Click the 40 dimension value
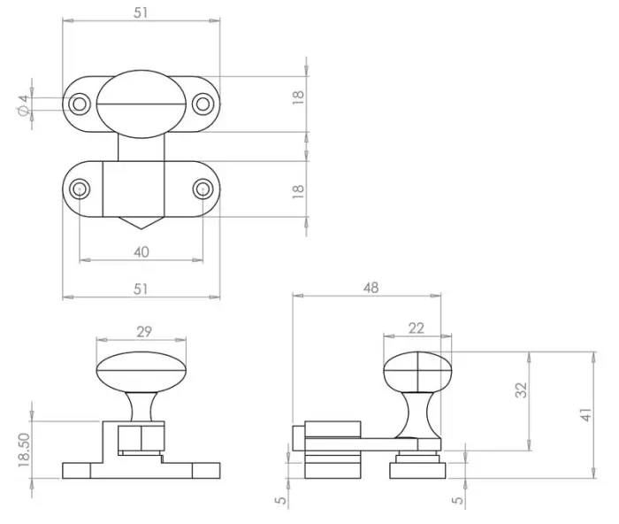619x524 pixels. (x=141, y=251)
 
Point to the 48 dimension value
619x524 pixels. (x=371, y=288)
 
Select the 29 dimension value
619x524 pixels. (x=144, y=332)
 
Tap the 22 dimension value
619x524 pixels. (x=416, y=328)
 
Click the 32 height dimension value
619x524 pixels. (x=522, y=390)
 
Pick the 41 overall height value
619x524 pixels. (x=586, y=415)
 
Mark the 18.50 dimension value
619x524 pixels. (x=25, y=451)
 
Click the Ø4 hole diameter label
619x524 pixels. (x=24, y=105)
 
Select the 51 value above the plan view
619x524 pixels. (x=141, y=12)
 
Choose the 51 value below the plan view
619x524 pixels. (x=141, y=289)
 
